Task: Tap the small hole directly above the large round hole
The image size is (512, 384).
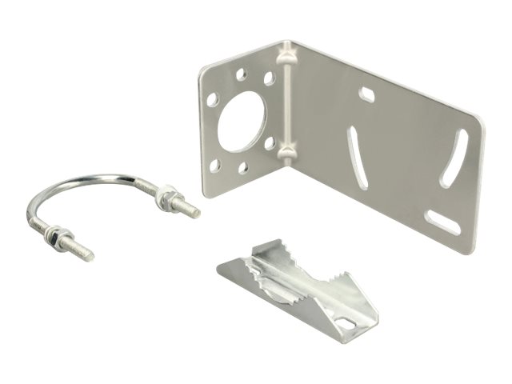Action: (241, 74)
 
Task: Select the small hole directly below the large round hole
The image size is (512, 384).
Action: (243, 168)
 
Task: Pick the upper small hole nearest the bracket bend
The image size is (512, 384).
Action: (270, 78)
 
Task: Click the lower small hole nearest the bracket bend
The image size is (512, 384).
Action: (271, 143)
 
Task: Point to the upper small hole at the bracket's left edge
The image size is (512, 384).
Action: (213, 102)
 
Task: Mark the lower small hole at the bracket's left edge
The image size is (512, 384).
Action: (214, 165)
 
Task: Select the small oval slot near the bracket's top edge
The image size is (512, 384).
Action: (367, 95)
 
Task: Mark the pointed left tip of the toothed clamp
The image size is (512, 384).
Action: (221, 268)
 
